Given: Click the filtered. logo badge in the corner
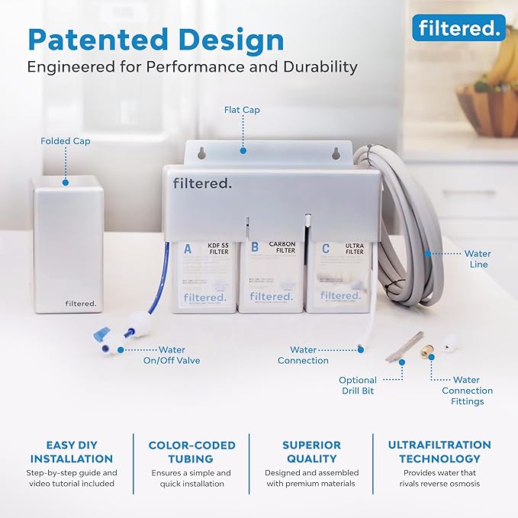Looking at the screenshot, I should pos(458,28).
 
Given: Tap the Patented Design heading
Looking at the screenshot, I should pos(156,39).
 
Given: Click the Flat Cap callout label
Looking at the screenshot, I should pos(242,110).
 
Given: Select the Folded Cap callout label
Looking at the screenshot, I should pos(66,141).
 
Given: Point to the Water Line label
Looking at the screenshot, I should pos(478,259).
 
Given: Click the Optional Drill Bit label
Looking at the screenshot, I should pos(358,386).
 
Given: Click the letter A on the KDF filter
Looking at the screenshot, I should pos(188,247).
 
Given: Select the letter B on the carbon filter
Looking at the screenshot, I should pos(255,247).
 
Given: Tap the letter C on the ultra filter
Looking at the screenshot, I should pos(327,247).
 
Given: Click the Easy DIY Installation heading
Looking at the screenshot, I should pos(72,452).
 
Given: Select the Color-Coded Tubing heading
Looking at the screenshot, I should pos(191,452).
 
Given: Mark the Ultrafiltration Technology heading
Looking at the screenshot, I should pos(439,452).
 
